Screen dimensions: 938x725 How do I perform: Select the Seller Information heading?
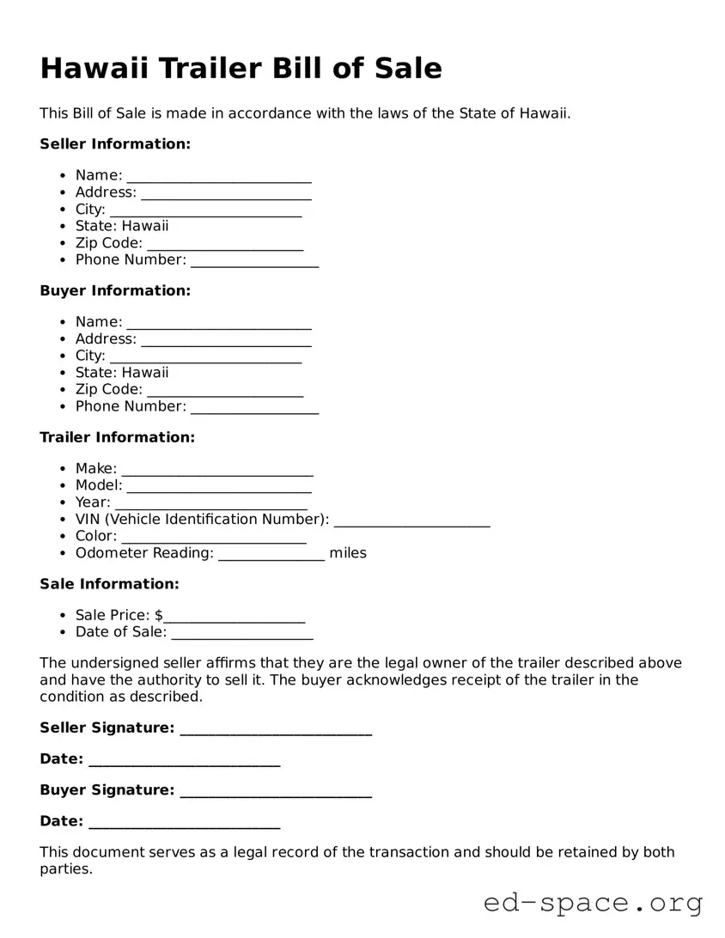click(x=115, y=144)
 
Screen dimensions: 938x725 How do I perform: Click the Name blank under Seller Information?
click(x=219, y=177)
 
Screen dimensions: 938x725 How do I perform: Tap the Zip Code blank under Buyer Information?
click(x=225, y=391)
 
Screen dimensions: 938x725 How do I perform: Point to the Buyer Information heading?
click(x=115, y=291)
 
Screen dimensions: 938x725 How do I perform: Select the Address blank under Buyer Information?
click(x=226, y=340)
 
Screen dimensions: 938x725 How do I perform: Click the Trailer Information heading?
click(x=118, y=438)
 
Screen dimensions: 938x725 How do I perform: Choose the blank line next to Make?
click(x=217, y=470)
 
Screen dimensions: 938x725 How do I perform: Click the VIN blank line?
click(x=411, y=521)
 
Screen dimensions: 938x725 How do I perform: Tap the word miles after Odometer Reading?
click(x=348, y=553)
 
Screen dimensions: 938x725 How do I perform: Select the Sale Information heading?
click(x=109, y=584)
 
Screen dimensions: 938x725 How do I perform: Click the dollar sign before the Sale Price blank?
click(x=159, y=616)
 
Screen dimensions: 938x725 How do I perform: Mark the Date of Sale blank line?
click(x=242, y=634)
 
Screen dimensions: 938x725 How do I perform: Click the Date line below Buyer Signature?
click(x=184, y=823)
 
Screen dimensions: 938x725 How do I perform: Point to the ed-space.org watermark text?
click(x=593, y=903)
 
